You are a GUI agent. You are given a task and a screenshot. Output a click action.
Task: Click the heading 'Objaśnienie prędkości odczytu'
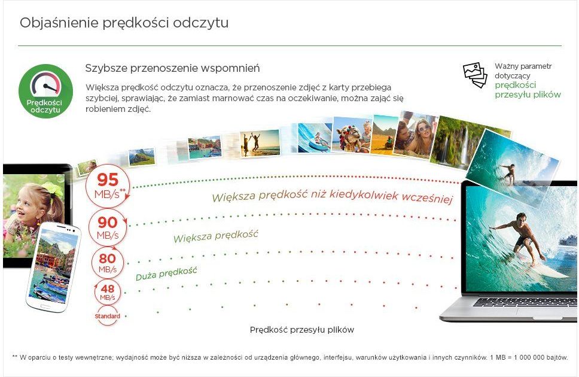(124, 23)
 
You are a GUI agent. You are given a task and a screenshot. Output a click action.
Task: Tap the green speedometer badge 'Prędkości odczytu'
(46, 91)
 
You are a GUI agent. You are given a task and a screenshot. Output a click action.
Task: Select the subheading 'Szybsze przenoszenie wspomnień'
(172, 68)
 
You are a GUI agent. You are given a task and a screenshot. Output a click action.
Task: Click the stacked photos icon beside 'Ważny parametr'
(476, 75)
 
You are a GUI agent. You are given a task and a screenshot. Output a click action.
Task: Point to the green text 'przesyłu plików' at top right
(528, 95)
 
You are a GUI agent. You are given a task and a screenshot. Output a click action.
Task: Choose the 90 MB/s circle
(108, 227)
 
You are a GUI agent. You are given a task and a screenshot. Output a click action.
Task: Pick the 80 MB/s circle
(108, 263)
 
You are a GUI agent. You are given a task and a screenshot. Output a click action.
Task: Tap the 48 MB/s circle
(108, 292)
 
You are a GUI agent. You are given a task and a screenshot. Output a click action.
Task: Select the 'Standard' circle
(108, 315)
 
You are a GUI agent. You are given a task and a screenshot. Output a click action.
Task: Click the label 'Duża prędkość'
(166, 273)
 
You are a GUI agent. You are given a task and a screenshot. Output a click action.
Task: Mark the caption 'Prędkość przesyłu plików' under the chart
(301, 330)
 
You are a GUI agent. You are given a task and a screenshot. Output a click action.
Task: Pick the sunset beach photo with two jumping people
(260, 144)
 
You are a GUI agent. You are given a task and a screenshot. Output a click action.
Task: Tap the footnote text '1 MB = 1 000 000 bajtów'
(529, 358)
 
